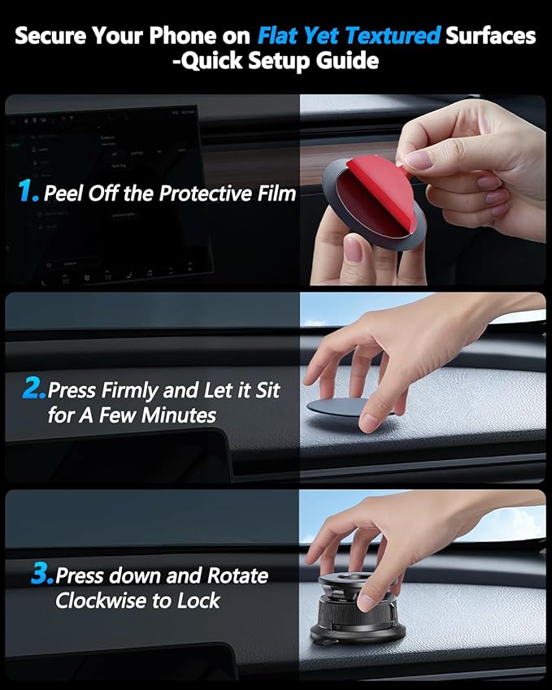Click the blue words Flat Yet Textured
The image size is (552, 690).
350,36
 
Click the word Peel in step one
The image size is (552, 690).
63,193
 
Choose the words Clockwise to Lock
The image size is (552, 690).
137,601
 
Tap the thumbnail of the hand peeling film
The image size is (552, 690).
422,190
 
